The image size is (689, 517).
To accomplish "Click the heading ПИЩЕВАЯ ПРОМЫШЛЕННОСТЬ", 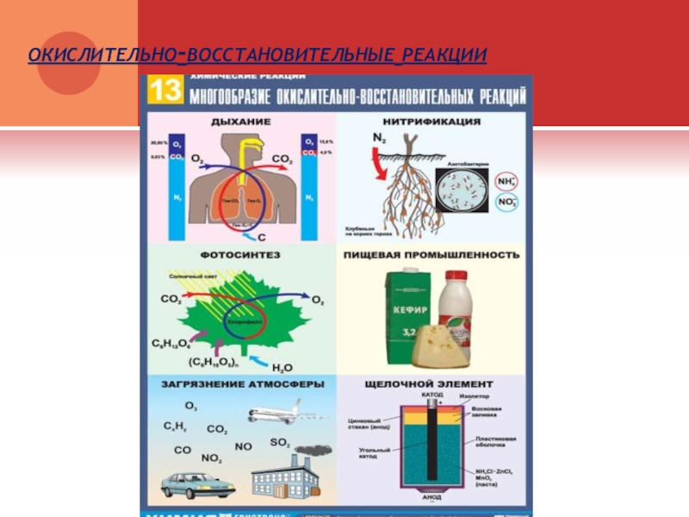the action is click(x=431, y=255).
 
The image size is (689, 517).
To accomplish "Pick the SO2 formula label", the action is click(x=280, y=442).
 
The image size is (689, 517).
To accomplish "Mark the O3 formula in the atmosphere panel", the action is click(x=190, y=406).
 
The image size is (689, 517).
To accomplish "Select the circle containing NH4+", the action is click(x=507, y=181).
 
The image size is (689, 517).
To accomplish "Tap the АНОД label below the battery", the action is click(x=432, y=498).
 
